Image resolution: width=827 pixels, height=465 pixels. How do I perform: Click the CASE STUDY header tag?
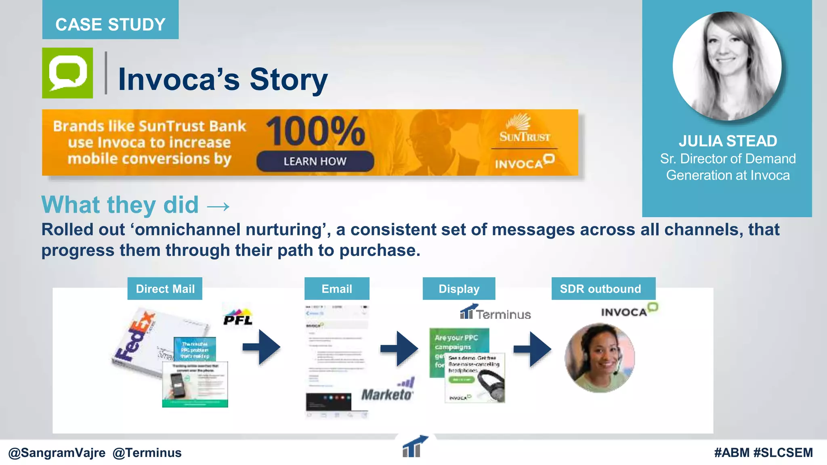pyautogui.click(x=110, y=24)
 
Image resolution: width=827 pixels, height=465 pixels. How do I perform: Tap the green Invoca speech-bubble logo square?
pyautogui.click(x=67, y=73)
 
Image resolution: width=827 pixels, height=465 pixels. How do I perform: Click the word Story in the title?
pyautogui.click(x=288, y=80)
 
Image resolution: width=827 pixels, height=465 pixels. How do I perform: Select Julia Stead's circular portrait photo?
pyautogui.click(x=727, y=66)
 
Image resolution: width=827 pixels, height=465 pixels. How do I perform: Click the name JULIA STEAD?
pyautogui.click(x=728, y=141)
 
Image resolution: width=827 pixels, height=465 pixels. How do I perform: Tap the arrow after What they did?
pyautogui.click(x=218, y=207)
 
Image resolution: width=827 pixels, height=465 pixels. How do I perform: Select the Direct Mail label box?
pyautogui.click(x=165, y=289)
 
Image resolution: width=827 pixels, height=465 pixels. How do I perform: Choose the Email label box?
pyautogui.click(x=337, y=289)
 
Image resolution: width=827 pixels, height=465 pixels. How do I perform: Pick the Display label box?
pyautogui.click(x=459, y=289)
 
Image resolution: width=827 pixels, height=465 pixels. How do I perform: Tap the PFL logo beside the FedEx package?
pyautogui.click(x=238, y=317)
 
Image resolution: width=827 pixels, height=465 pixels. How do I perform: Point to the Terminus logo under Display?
pyautogui.click(x=495, y=313)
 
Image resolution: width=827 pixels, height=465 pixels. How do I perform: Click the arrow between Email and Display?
pyautogui.click(x=399, y=348)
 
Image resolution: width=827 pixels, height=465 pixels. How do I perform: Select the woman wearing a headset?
pyautogui.click(x=599, y=358)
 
